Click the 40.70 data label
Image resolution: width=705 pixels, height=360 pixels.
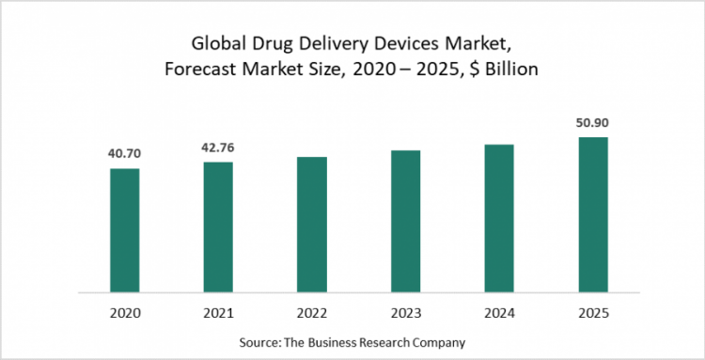(124, 152)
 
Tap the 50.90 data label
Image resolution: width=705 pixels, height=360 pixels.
(593, 122)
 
